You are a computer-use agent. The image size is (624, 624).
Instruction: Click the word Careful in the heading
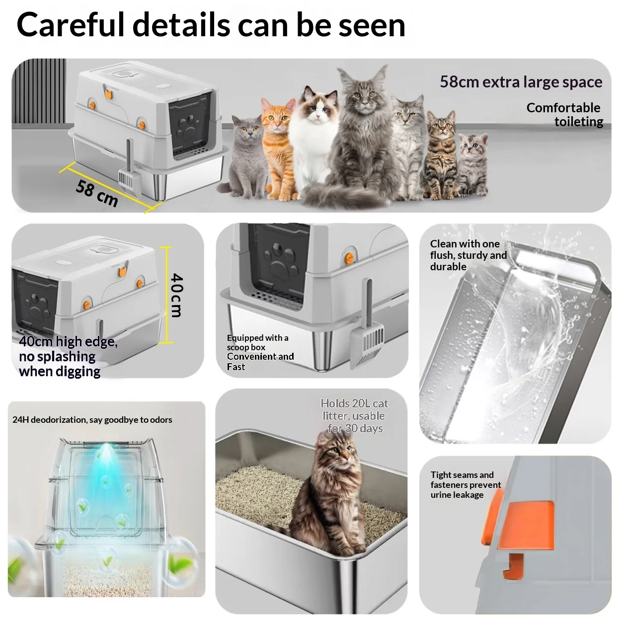point(71,25)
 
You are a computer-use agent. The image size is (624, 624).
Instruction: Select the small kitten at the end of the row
point(473,164)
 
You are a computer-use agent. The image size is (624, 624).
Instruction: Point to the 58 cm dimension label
point(97,193)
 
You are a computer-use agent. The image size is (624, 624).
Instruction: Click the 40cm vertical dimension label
point(177,295)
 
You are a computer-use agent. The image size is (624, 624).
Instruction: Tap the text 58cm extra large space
point(521,82)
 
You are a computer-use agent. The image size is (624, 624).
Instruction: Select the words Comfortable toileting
point(565,115)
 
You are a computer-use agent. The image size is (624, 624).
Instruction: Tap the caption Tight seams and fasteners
point(466,484)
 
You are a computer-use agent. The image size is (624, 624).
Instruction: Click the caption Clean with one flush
point(468,255)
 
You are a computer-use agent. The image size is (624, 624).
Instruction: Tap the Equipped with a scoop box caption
point(260,352)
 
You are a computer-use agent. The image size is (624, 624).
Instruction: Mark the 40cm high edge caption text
point(69,356)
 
